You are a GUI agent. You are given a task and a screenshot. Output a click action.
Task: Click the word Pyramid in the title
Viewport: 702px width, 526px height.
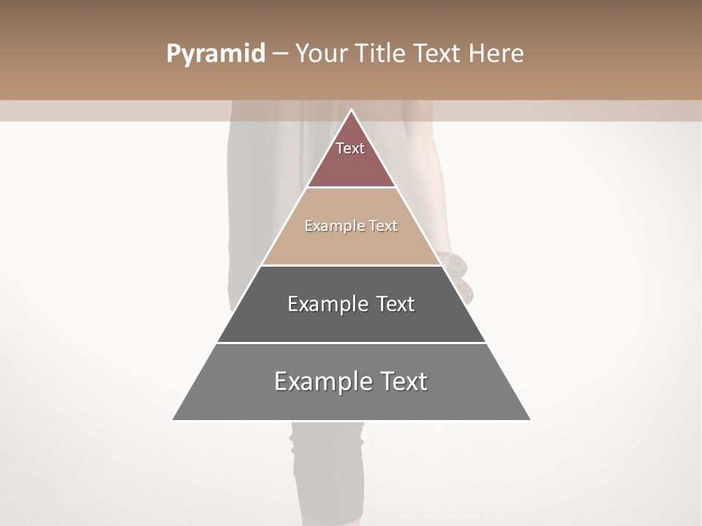[x=216, y=54]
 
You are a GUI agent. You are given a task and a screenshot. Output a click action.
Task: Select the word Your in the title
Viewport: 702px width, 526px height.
[x=320, y=54]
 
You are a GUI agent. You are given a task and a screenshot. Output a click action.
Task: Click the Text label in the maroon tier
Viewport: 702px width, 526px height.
[x=350, y=148]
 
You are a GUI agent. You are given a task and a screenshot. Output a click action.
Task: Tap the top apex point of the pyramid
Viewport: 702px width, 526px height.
[x=351, y=110]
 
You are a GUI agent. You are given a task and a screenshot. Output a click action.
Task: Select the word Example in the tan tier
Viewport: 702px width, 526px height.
[x=331, y=226]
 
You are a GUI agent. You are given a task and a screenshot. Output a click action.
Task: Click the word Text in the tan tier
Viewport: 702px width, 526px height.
[x=383, y=226]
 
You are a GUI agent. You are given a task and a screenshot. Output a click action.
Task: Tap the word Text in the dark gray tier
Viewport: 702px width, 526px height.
[x=396, y=304]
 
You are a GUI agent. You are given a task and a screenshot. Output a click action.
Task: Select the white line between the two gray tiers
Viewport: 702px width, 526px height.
[x=351, y=343]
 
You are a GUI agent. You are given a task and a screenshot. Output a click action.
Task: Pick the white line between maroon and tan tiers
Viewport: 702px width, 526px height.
[x=351, y=188]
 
